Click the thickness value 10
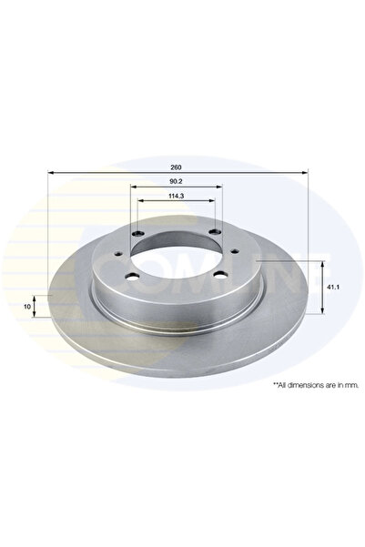[27, 307]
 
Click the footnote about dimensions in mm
[311, 385]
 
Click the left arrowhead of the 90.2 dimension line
[135, 187]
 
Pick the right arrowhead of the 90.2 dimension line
[219, 187]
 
